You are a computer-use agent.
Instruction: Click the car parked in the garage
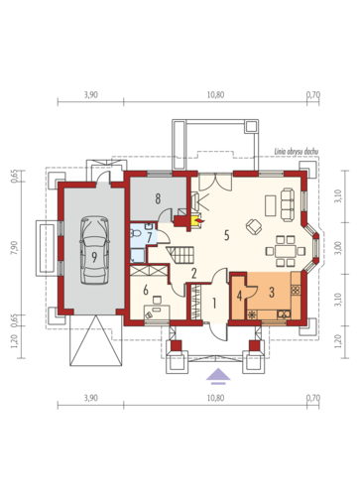point(95,250)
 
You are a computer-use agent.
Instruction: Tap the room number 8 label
point(158,198)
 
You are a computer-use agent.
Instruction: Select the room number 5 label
point(226,235)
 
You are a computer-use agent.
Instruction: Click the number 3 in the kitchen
point(272,293)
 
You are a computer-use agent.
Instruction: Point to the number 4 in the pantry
point(239,296)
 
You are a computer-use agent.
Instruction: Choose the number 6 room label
point(146,290)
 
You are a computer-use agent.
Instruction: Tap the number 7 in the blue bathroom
point(150,237)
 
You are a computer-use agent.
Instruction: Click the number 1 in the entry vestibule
point(214,303)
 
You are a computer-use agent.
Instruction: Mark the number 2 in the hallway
point(194,273)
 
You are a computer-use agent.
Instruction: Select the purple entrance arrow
point(218,376)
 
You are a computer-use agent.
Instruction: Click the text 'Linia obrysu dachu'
point(297,152)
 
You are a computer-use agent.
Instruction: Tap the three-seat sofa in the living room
point(288,204)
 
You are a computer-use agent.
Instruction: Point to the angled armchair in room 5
point(254,227)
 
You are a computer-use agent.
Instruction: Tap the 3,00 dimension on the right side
point(338,248)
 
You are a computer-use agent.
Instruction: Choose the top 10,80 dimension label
point(215,95)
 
